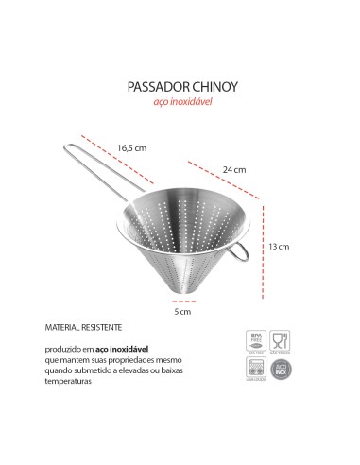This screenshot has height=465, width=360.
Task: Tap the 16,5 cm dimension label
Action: [x=131, y=146]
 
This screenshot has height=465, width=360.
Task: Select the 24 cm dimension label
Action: [x=233, y=170]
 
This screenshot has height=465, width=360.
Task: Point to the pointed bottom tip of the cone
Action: [x=183, y=295]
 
